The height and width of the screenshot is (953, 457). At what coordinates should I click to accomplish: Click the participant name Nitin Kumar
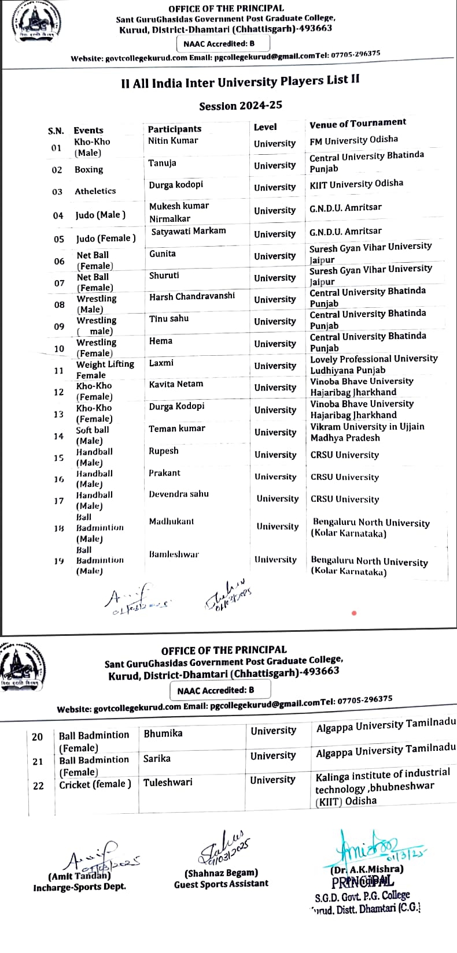(x=173, y=140)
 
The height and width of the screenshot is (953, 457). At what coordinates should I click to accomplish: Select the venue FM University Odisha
(x=353, y=140)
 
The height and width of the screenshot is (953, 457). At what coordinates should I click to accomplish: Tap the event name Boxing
(x=89, y=169)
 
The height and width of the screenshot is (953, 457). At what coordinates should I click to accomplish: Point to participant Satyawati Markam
(x=189, y=231)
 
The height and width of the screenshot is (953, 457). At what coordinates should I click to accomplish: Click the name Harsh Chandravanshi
(x=192, y=296)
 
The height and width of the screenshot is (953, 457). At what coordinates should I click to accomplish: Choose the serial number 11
(x=58, y=371)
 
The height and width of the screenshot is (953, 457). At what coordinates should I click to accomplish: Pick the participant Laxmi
(x=161, y=363)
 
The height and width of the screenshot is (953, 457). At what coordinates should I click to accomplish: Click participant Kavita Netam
(x=176, y=384)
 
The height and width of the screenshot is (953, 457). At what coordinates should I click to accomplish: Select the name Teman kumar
(x=176, y=429)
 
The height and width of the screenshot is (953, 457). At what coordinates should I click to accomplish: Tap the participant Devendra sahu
(x=178, y=494)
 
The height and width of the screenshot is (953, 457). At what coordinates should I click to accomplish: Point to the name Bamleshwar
(x=174, y=554)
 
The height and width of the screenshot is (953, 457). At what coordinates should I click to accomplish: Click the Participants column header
(x=174, y=129)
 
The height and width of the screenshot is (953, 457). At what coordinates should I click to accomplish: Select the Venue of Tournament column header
(x=358, y=123)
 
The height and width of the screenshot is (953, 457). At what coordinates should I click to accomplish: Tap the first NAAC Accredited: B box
(x=218, y=43)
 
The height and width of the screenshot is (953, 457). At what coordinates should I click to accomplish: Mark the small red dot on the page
(x=354, y=613)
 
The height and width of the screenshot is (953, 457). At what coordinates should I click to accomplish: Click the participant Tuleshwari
(x=168, y=782)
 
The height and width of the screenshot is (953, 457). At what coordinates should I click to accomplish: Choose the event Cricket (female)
(x=95, y=784)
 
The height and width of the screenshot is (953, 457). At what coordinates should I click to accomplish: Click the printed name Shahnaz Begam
(x=221, y=873)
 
